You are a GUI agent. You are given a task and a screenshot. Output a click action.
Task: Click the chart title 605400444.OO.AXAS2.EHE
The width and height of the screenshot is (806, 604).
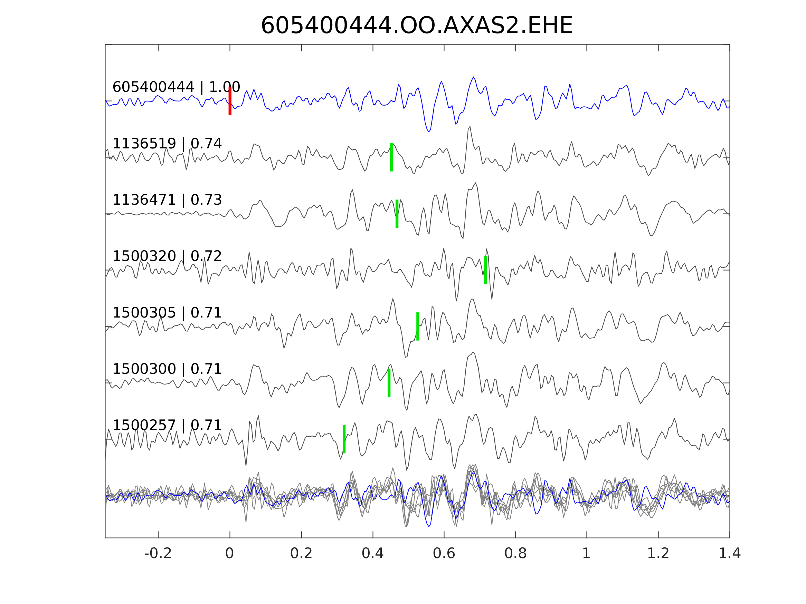(417, 26)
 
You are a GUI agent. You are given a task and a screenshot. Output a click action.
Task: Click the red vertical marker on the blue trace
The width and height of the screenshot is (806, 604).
(230, 101)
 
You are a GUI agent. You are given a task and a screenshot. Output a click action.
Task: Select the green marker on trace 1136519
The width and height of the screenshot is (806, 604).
(391, 157)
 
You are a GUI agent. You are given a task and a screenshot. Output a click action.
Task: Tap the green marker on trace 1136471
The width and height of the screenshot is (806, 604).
(397, 214)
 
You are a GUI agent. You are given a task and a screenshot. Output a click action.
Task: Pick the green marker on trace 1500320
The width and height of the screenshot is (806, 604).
(485, 270)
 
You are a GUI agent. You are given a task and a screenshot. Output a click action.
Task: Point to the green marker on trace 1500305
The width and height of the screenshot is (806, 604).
(418, 327)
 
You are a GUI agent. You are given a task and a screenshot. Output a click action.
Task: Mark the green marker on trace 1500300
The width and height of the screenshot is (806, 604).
(389, 383)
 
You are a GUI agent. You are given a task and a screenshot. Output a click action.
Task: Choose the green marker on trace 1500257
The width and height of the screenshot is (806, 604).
(344, 439)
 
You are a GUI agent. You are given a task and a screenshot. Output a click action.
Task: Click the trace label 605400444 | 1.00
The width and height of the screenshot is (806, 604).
(176, 87)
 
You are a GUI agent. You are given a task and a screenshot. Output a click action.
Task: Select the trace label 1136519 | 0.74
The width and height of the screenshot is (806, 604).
(167, 144)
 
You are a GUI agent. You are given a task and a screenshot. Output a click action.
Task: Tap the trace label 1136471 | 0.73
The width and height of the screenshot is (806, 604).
(167, 200)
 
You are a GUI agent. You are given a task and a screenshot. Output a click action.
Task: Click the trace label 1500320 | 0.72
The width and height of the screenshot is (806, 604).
(167, 256)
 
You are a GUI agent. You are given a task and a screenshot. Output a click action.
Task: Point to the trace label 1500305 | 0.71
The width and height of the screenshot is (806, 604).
(167, 313)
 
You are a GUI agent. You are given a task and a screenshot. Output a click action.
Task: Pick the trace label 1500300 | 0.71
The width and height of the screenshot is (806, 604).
(167, 369)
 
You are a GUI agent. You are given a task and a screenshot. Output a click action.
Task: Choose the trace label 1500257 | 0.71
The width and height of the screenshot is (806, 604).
(167, 425)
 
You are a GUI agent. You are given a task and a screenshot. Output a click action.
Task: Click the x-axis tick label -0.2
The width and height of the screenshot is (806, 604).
(158, 554)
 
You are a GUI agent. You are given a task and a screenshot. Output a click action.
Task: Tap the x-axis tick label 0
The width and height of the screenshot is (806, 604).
(229, 554)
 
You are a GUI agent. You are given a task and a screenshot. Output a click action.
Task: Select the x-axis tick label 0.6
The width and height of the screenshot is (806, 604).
(444, 554)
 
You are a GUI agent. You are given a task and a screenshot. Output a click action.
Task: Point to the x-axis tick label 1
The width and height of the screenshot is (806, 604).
(586, 554)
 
